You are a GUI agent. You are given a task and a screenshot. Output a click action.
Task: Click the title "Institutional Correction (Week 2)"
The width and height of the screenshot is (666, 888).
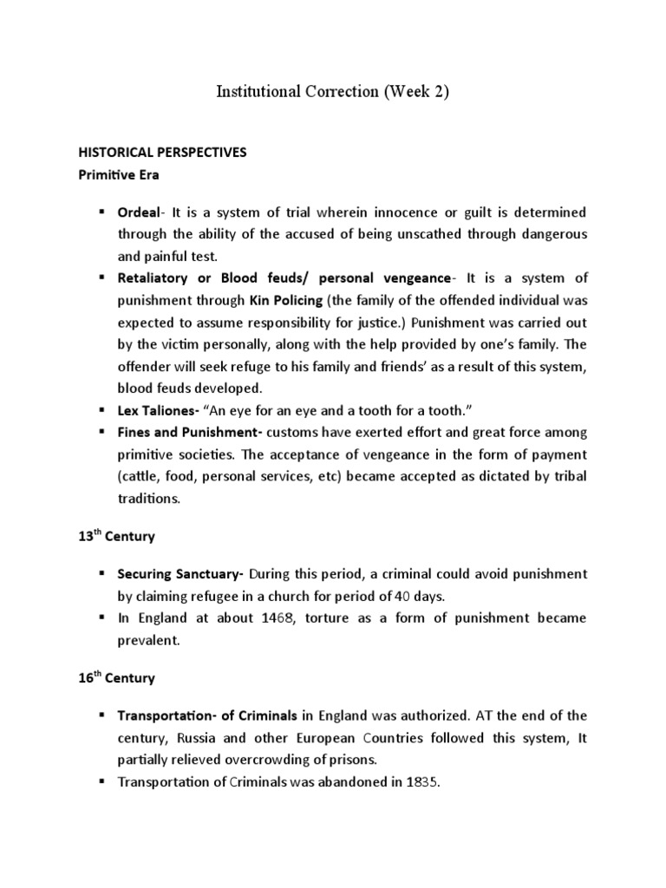(x=332, y=93)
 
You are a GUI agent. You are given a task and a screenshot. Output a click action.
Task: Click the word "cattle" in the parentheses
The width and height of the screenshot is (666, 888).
(x=145, y=476)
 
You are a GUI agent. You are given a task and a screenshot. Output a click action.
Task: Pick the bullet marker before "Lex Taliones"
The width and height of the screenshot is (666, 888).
(x=101, y=410)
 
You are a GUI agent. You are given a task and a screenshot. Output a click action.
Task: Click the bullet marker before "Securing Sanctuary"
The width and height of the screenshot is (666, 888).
(x=101, y=575)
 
